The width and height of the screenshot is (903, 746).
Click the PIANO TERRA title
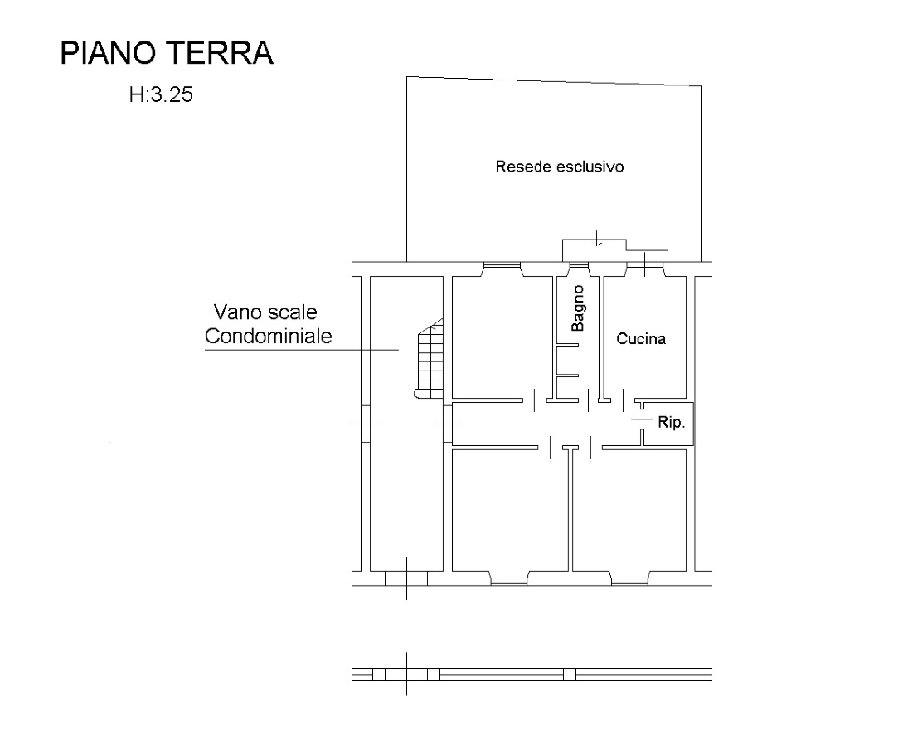click(x=167, y=53)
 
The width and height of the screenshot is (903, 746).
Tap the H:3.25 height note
click(x=161, y=94)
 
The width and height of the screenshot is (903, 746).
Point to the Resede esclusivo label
click(x=559, y=167)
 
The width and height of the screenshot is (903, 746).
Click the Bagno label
click(x=577, y=308)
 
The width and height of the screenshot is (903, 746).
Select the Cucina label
click(x=641, y=338)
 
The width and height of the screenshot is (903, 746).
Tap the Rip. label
click(x=672, y=423)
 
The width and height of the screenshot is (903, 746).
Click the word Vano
click(x=237, y=312)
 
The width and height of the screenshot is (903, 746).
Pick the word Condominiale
click(x=269, y=337)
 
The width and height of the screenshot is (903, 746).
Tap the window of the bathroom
click(x=579, y=265)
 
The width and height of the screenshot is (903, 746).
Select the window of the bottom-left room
click(x=509, y=581)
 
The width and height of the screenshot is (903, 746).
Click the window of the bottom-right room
click(x=629, y=581)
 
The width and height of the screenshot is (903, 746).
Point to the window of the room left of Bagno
click(x=502, y=265)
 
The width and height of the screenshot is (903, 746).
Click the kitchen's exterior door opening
click(x=645, y=265)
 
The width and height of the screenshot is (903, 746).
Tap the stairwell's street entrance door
click(x=406, y=579)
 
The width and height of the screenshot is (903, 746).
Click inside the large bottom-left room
click(x=511, y=510)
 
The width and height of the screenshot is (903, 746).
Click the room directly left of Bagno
click(x=502, y=337)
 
